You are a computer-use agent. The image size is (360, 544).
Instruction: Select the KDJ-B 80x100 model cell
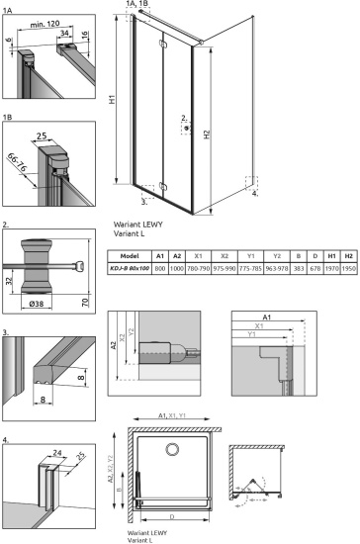pyautogui.click(x=139, y=267)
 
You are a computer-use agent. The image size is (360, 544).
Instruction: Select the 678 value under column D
pyautogui.click(x=315, y=267)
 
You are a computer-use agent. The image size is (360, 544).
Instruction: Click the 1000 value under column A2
pyautogui.click(x=177, y=267)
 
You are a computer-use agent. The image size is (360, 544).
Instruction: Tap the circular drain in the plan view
pyautogui.click(x=172, y=450)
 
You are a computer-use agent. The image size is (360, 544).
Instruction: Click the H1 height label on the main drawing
pyautogui.click(x=113, y=99)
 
